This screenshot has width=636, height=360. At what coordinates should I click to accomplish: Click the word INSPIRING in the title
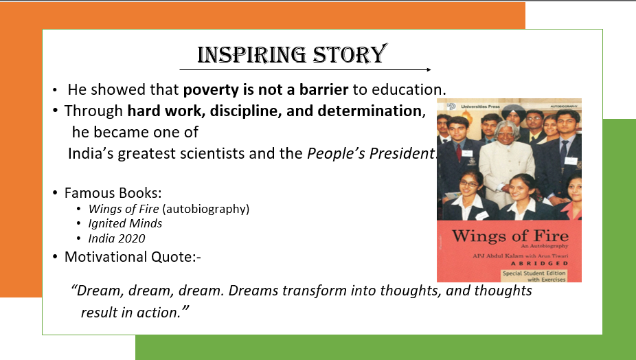coord(251,55)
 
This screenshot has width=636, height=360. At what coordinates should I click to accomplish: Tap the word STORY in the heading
coord(350,54)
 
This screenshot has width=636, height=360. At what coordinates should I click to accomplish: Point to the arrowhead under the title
coord(429,70)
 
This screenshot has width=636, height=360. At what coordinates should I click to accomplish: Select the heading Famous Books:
coord(113,193)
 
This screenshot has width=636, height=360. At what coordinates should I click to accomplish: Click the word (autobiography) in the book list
coord(205,209)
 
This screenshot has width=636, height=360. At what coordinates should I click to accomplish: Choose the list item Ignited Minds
coord(125,223)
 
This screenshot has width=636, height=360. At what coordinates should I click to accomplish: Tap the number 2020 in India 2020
coord(131,238)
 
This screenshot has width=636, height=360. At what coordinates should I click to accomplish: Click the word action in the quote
coord(156,313)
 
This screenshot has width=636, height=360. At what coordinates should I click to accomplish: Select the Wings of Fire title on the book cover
coord(510,236)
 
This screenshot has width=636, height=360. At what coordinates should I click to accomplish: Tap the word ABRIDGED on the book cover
coord(539,263)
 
